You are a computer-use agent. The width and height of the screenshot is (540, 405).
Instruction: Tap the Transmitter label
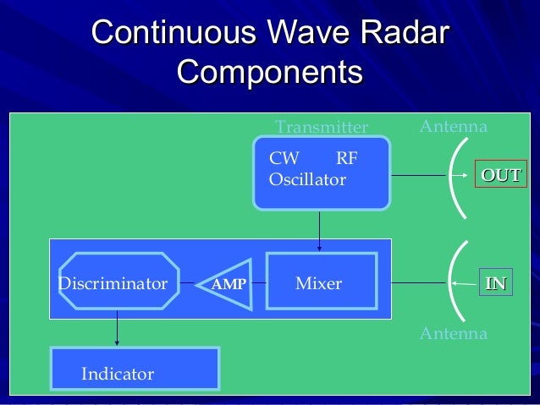(322, 128)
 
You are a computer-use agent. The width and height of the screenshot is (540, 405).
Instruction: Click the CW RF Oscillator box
(322, 172)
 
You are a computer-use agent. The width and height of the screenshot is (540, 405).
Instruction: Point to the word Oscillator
(306, 180)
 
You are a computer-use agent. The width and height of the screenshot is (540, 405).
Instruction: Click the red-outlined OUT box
(500, 176)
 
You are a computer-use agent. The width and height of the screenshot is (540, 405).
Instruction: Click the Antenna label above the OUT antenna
(454, 127)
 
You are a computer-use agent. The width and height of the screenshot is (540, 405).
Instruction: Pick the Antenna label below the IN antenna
(454, 334)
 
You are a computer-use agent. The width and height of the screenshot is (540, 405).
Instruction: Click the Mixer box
(318, 283)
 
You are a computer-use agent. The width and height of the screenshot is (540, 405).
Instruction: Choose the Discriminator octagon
(113, 283)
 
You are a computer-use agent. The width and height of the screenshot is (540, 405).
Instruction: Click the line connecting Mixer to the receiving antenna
(418, 282)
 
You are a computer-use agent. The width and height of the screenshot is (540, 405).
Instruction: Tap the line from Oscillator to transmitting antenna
(418, 176)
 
